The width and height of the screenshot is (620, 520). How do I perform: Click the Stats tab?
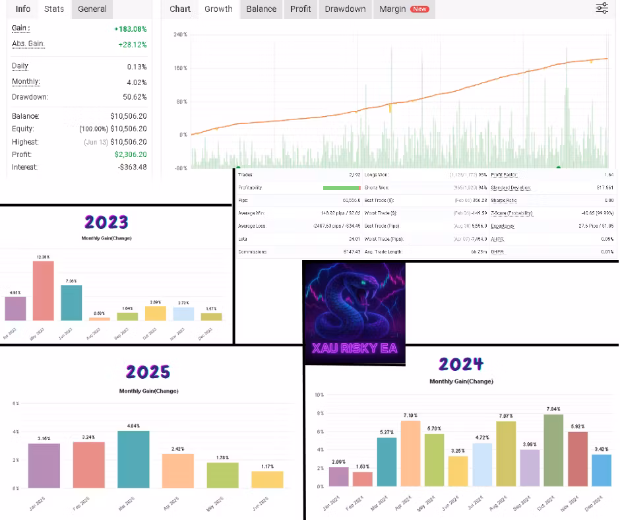tap(55, 9)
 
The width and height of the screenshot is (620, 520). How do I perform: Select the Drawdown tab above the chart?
tap(345, 9)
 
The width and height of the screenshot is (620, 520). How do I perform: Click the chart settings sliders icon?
tap(602, 9)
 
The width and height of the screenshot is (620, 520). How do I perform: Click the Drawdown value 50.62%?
tap(137, 97)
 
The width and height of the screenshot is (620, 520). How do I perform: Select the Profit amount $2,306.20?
tap(131, 154)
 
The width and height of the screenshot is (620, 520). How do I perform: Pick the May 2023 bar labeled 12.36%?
tap(43, 290)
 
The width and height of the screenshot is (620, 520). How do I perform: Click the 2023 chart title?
tap(106, 222)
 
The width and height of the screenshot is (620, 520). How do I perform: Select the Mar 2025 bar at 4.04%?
tap(133, 459)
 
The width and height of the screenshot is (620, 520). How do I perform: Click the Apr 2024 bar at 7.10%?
tap(410, 453)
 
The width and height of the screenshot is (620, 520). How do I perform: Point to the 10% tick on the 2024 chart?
tap(319, 395)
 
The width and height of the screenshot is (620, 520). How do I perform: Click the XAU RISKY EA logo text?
tap(354, 348)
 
